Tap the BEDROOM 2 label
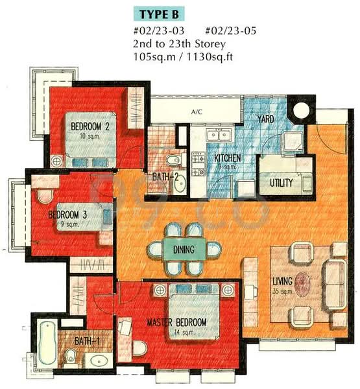(x=89, y=126)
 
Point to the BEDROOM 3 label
(x=67, y=215)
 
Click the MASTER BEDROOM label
(x=176, y=322)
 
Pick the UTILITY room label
(x=282, y=183)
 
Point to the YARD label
(x=266, y=120)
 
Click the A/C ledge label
(x=197, y=112)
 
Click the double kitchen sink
(x=220, y=134)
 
